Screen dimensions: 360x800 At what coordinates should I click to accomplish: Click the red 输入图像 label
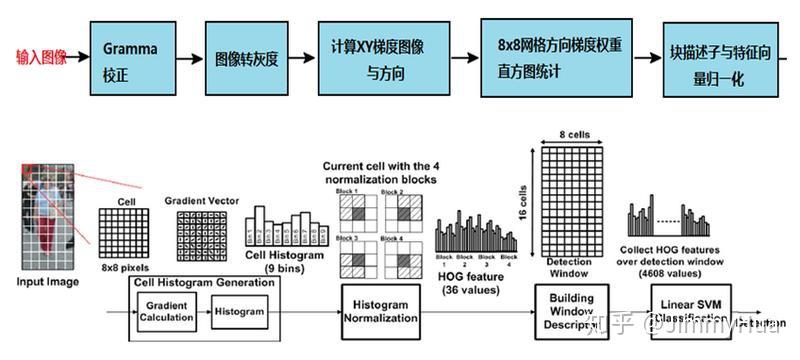[41, 58]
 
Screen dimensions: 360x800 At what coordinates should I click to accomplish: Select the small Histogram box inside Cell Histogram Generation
[241, 312]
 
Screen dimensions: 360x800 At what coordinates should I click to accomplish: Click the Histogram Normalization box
[379, 310]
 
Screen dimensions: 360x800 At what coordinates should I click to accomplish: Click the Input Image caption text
[48, 283]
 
